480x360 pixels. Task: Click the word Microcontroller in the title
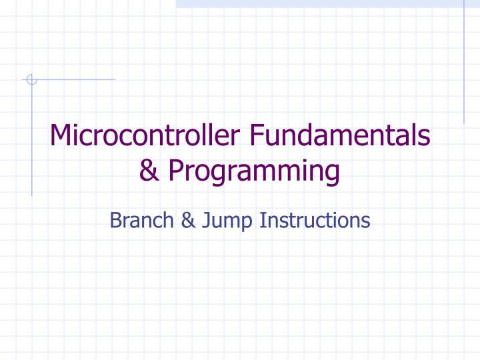pyautogui.click(x=147, y=137)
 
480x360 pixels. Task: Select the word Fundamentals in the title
pyautogui.click(x=340, y=137)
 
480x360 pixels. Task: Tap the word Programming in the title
pyautogui.click(x=254, y=171)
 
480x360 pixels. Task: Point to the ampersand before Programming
pyautogui.click(x=150, y=171)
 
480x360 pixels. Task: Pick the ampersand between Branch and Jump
pyautogui.click(x=186, y=220)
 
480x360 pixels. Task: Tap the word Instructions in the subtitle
pyautogui.click(x=315, y=219)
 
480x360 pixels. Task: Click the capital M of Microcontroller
pyautogui.click(x=61, y=137)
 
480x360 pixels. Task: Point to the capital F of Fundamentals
pyautogui.click(x=256, y=137)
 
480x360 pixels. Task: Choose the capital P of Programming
pyautogui.click(x=175, y=171)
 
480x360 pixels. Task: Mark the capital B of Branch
pyautogui.click(x=115, y=219)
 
